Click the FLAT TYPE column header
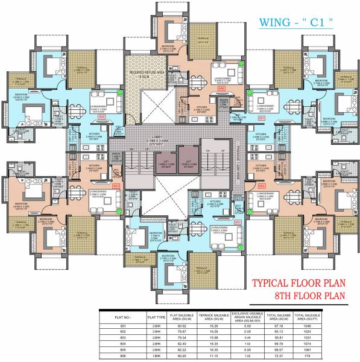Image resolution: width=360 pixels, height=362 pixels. (142, 316)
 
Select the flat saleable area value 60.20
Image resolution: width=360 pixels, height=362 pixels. (177, 357)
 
